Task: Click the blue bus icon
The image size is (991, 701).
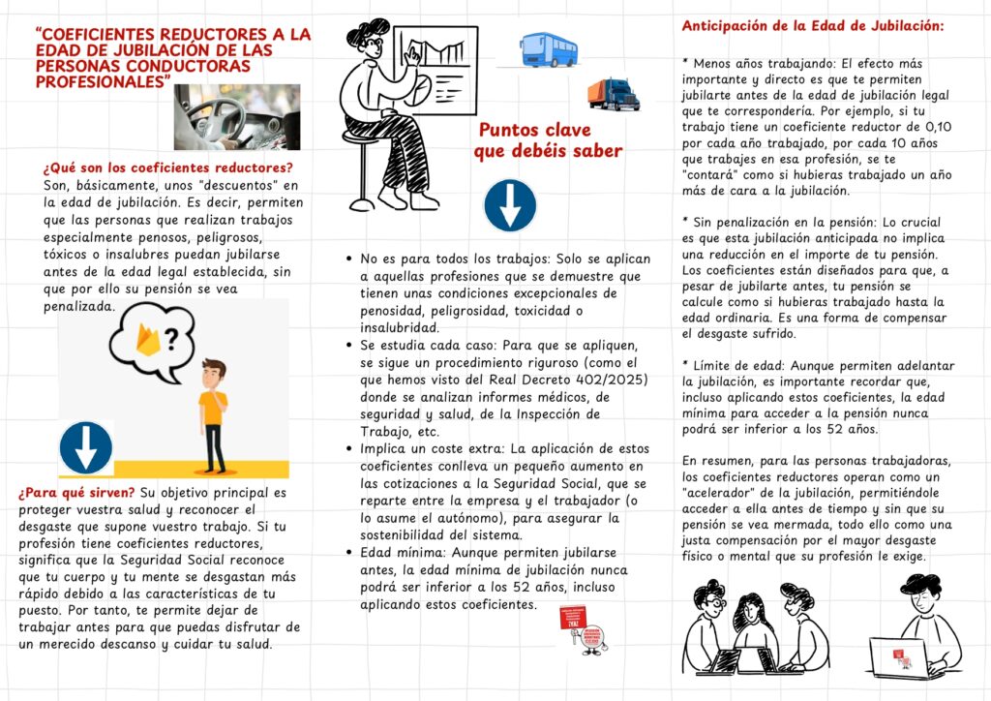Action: click(x=549, y=48)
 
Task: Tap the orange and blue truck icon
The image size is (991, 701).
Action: click(x=614, y=94)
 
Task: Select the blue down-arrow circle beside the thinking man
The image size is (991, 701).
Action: click(x=85, y=447)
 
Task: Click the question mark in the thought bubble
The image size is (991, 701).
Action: click(x=171, y=339)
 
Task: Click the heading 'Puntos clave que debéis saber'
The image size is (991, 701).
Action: click(x=548, y=140)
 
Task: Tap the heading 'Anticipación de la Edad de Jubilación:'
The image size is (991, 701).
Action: click(x=813, y=26)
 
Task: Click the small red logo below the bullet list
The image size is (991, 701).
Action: click(x=586, y=629)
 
